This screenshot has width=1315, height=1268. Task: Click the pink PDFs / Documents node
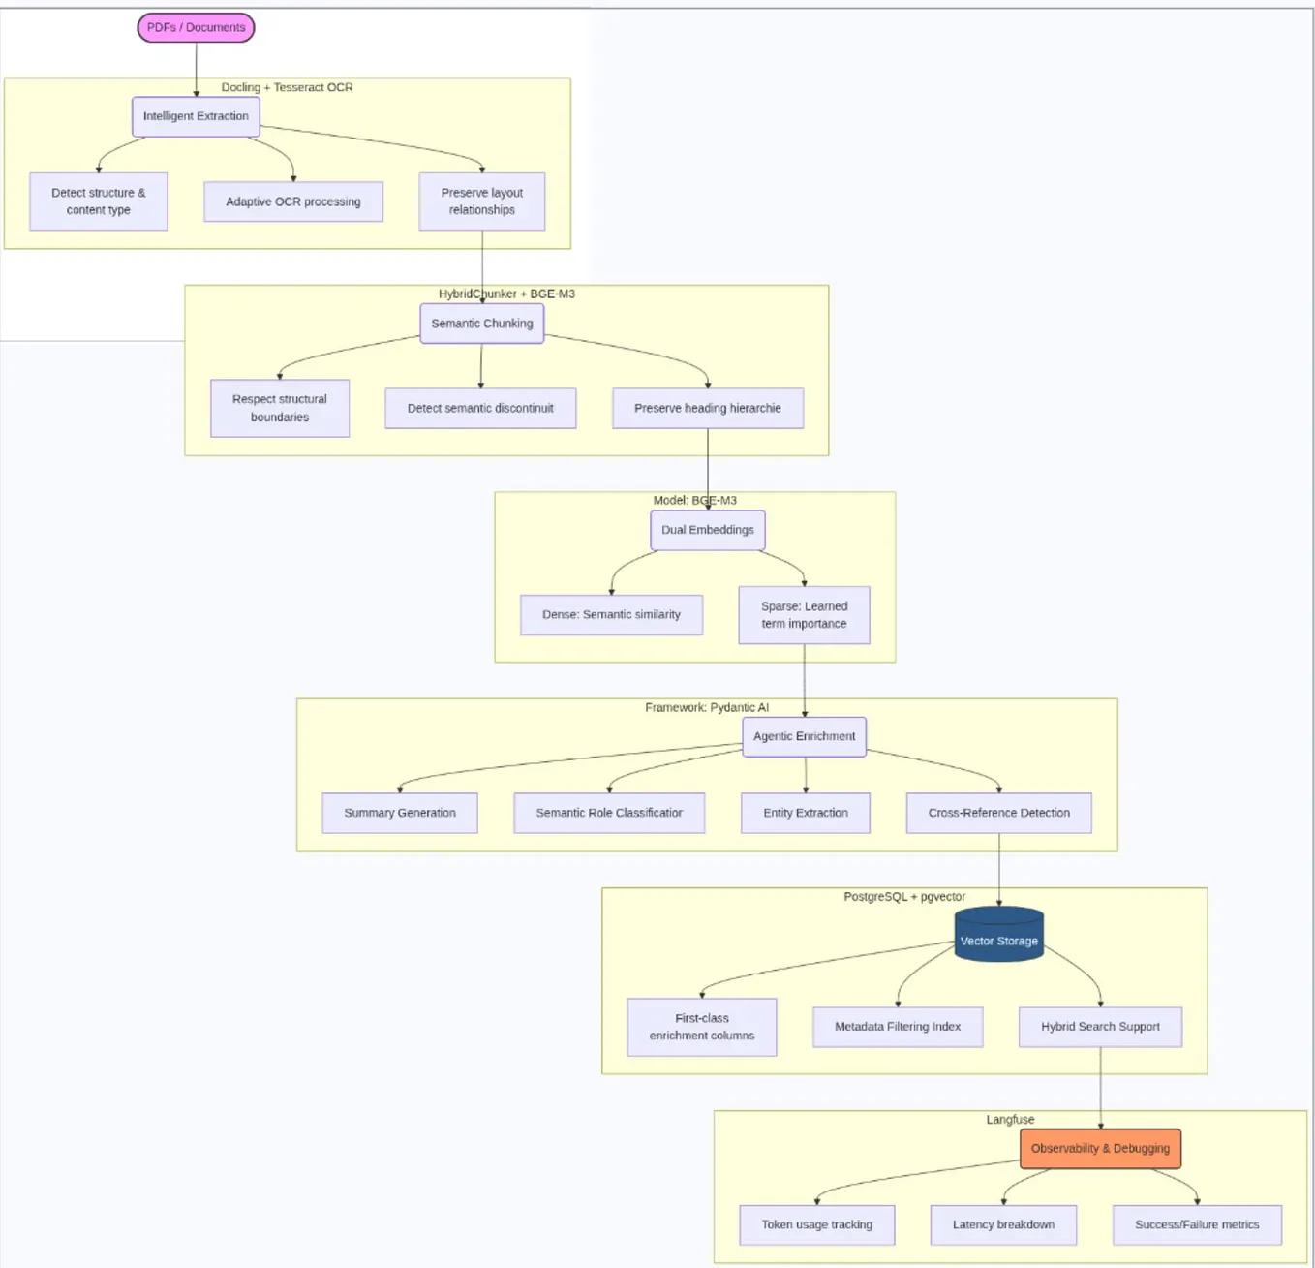[x=196, y=28]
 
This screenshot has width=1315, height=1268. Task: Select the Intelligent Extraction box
[x=196, y=116]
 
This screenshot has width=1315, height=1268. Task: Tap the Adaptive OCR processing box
[x=293, y=201]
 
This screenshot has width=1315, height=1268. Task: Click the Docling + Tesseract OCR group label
[x=287, y=87]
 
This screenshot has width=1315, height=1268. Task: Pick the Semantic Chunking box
[x=481, y=324]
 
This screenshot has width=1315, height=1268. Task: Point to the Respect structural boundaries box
[x=280, y=408]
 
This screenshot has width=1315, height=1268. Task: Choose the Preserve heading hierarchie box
[x=708, y=408]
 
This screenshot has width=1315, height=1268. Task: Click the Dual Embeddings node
[x=708, y=530]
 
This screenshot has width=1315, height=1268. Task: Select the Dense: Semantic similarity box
[x=611, y=615]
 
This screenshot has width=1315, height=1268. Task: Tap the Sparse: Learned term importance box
[x=804, y=615]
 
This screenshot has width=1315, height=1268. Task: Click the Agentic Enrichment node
[x=804, y=736]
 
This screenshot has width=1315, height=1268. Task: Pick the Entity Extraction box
[x=805, y=813]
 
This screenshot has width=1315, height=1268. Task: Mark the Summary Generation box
[x=400, y=813]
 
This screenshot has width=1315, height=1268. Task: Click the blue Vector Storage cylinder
[x=998, y=936]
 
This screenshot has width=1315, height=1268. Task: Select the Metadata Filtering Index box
[x=898, y=1027]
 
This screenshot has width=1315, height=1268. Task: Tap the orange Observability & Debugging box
[x=1100, y=1149]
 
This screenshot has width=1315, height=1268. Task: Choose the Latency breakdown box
[x=1003, y=1225]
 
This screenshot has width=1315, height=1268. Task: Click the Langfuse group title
[x=1010, y=1120]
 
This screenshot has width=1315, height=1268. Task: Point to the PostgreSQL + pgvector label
[x=904, y=897]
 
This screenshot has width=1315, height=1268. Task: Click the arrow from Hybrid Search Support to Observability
[x=1100, y=1087]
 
